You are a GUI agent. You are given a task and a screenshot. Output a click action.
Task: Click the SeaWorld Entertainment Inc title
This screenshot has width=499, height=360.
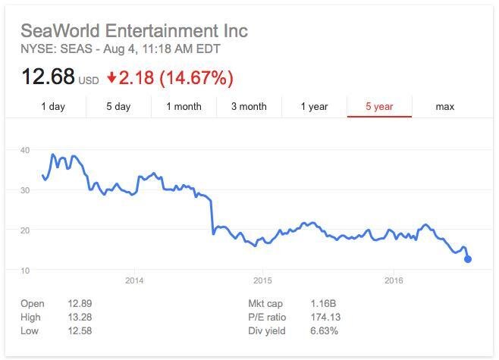pyautogui.click(x=133, y=32)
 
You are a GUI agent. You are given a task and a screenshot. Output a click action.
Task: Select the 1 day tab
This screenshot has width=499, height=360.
pyautogui.click(x=53, y=107)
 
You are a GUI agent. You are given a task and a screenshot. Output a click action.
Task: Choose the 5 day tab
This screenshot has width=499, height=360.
pyautogui.click(x=118, y=107)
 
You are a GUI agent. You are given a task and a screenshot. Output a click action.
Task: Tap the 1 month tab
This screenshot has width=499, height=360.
pyautogui.click(x=184, y=107)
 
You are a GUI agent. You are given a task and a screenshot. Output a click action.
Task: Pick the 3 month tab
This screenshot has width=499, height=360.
pyautogui.click(x=249, y=107)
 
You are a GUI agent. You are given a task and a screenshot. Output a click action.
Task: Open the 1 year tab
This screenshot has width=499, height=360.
pyautogui.click(x=314, y=107)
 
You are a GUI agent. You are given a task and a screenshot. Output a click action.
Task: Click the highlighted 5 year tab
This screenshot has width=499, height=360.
pyautogui.click(x=378, y=107)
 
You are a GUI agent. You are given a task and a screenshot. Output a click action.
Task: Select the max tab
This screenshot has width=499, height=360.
pyautogui.click(x=444, y=107)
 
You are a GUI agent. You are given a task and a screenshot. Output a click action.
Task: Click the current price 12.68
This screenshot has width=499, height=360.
pyautogui.click(x=47, y=77)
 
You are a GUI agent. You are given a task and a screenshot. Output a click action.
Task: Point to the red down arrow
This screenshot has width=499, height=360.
pyautogui.click(x=112, y=77)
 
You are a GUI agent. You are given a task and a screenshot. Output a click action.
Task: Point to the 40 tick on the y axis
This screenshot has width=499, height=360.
pyautogui.click(x=25, y=150)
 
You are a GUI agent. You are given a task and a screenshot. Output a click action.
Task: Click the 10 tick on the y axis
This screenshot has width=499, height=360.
pyautogui.click(x=25, y=271)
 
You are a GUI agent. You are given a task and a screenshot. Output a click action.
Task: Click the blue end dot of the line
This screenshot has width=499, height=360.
pyautogui.click(x=468, y=259)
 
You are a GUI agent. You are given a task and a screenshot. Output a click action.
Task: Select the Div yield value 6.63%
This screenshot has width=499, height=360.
pyautogui.click(x=325, y=331)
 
